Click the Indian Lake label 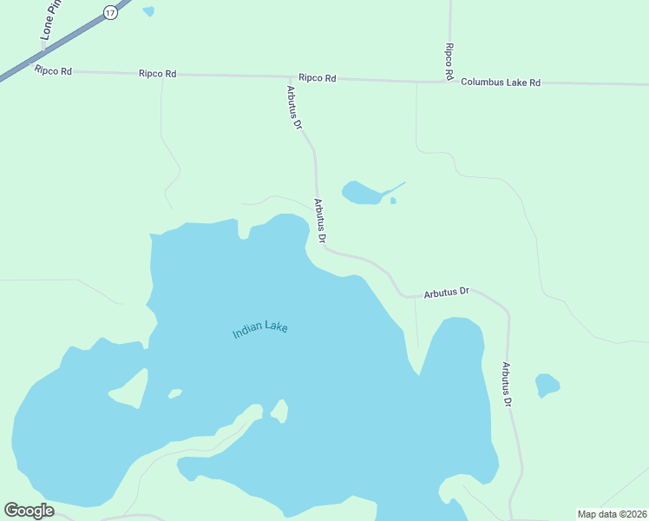[x=259, y=330]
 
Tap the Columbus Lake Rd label [x=501, y=82]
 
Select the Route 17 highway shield [x=108, y=12]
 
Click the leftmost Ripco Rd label [x=53, y=70]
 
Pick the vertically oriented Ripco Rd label [x=449, y=62]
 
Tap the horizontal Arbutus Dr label [x=446, y=293]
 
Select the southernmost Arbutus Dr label [x=506, y=385]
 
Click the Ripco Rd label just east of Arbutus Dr [x=317, y=78]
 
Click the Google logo [x=29, y=510]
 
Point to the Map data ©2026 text [x=612, y=514]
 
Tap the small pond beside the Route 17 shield [x=148, y=11]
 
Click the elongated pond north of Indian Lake [x=364, y=193]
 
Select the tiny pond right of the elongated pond [x=393, y=201]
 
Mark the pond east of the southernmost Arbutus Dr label [x=547, y=384]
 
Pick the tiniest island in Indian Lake [x=175, y=393]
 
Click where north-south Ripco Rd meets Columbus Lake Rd [x=451, y=82]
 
